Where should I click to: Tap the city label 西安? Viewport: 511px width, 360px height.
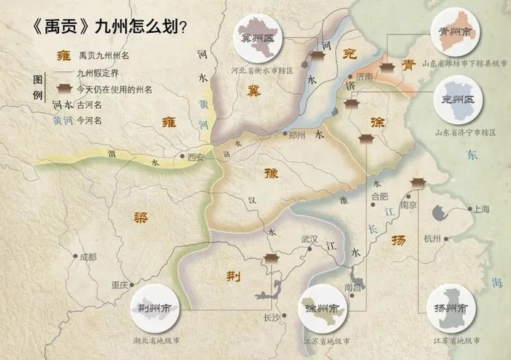(195, 156)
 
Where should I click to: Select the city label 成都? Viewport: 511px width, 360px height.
(88, 257)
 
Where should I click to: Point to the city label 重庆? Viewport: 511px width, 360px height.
(119, 285)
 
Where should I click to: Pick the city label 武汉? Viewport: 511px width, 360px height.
(310, 240)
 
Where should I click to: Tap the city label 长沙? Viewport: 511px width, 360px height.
(272, 317)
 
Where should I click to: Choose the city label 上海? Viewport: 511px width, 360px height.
(481, 209)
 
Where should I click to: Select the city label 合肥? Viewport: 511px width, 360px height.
(380, 196)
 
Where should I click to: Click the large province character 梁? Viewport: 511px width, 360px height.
(140, 216)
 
